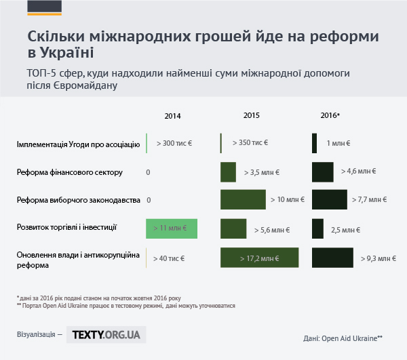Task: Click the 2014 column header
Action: tap(173, 116)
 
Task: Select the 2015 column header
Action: tap(251, 115)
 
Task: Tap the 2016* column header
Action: tap(330, 115)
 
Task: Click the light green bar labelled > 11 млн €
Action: tap(172, 228)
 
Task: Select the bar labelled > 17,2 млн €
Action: tap(260, 258)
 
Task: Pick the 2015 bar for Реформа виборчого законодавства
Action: tap(243, 200)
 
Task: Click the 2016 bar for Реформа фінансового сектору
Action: tap(322, 172)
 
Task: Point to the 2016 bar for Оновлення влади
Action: tap(333, 258)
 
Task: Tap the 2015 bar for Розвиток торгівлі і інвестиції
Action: tap(233, 228)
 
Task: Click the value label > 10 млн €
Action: tap(287, 201)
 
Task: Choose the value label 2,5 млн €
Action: tap(345, 230)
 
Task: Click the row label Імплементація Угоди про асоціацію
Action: tap(78, 144)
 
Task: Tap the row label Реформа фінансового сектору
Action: tap(70, 172)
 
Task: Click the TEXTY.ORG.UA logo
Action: tap(106, 334)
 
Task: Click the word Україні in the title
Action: tap(66, 52)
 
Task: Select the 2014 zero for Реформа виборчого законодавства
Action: tap(148, 201)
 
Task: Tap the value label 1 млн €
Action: tap(338, 144)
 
